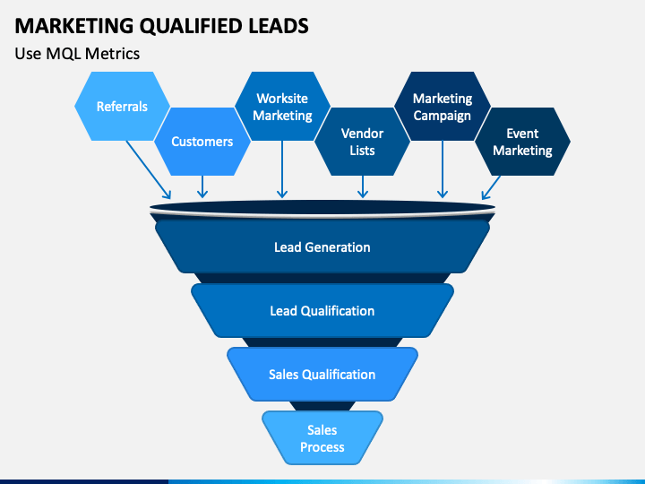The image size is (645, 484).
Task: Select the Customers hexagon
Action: [202, 141]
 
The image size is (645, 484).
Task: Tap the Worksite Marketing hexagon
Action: [282, 107]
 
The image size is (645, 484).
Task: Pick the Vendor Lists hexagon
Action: [362, 141]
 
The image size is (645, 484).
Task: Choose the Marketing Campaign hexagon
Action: [443, 107]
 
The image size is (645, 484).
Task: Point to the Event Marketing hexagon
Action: [522, 141]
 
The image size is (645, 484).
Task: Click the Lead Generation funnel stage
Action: [322, 246]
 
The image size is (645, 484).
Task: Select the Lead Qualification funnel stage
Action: [322, 310]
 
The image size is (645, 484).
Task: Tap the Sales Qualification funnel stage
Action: [322, 374]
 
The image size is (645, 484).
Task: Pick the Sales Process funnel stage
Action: [322, 438]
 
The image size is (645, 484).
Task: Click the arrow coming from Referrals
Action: [148, 170]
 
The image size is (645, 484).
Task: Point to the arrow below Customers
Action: [202, 186]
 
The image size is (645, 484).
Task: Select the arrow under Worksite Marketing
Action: [282, 170]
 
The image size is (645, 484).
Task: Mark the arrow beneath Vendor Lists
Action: [362, 186]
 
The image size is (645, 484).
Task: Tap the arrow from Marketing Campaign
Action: [443, 170]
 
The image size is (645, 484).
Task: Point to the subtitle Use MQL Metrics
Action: [77, 54]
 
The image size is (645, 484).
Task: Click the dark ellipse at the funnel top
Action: [322, 210]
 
